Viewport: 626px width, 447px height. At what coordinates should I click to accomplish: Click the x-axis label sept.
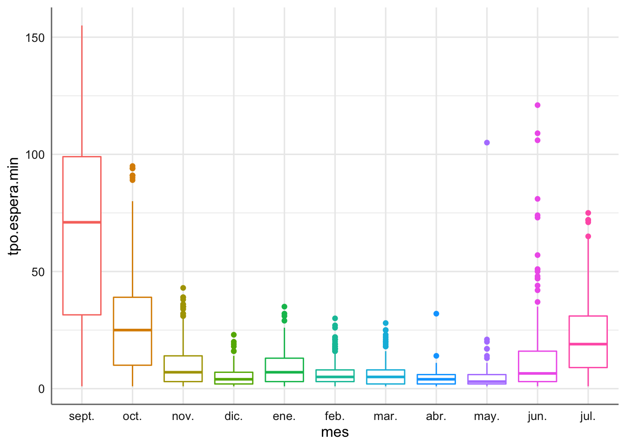(x=82, y=416)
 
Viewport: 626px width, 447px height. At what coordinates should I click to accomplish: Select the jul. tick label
(x=588, y=416)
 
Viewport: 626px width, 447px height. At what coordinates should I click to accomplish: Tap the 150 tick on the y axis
(x=35, y=38)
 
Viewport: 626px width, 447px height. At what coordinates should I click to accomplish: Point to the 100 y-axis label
(x=35, y=155)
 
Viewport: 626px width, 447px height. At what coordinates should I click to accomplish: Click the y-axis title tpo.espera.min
(x=14, y=206)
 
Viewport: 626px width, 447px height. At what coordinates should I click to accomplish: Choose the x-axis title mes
(x=335, y=433)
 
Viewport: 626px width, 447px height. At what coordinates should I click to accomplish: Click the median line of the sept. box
(x=82, y=222)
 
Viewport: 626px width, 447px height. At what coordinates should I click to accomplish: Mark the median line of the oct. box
(x=132, y=330)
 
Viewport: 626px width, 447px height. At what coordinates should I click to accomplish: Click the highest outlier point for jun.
(x=537, y=105)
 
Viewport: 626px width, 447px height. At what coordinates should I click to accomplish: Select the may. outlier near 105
(x=487, y=142)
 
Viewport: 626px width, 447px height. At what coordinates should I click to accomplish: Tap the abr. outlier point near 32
(x=436, y=314)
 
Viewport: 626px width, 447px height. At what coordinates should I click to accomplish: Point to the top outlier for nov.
(x=183, y=288)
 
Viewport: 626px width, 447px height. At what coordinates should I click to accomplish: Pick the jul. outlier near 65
(x=588, y=237)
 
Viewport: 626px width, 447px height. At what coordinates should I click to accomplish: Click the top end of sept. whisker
(x=82, y=26)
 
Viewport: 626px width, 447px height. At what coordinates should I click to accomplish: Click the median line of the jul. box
(x=588, y=344)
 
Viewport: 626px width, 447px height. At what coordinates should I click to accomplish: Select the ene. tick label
(x=284, y=416)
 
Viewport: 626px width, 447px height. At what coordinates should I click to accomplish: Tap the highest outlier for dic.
(x=233, y=335)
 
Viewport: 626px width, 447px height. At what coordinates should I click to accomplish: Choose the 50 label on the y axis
(x=38, y=272)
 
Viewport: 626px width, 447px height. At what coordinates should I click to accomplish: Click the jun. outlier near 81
(x=537, y=199)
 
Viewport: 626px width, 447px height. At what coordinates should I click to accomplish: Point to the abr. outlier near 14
(x=436, y=356)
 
